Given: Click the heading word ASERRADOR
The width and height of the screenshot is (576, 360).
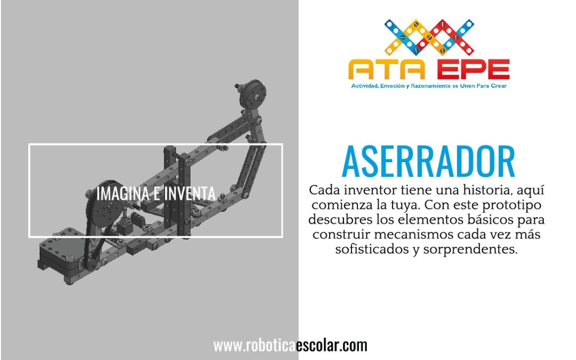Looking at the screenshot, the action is pyautogui.click(x=428, y=162).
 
